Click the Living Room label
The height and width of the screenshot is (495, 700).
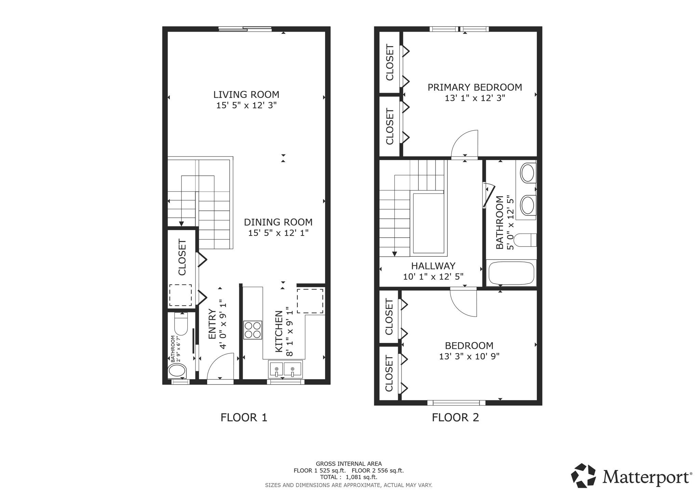tap(246, 94)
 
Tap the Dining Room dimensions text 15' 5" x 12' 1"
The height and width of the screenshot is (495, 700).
tap(278, 233)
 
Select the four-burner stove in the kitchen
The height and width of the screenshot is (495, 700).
tap(253, 330)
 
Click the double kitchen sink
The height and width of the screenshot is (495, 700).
tap(285, 370)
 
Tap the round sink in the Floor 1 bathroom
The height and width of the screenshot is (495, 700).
tap(177, 371)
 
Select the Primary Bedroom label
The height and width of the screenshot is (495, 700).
tap(475, 88)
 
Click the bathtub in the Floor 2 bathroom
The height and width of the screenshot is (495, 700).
tap(511, 273)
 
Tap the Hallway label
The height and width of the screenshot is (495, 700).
tap(433, 266)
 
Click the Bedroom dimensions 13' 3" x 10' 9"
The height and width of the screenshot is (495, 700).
tap(469, 357)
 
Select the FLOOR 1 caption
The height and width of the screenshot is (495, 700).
tap(244, 417)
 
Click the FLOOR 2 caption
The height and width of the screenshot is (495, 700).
tap(455, 417)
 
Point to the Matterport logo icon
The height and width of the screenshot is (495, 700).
tap(583, 476)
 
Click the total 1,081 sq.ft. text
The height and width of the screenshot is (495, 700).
tap(348, 477)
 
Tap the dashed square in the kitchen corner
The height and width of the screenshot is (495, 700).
tap(310, 301)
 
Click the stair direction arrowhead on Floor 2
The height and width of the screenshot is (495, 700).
tap(394, 254)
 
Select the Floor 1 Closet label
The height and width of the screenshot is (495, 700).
tap(182, 257)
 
